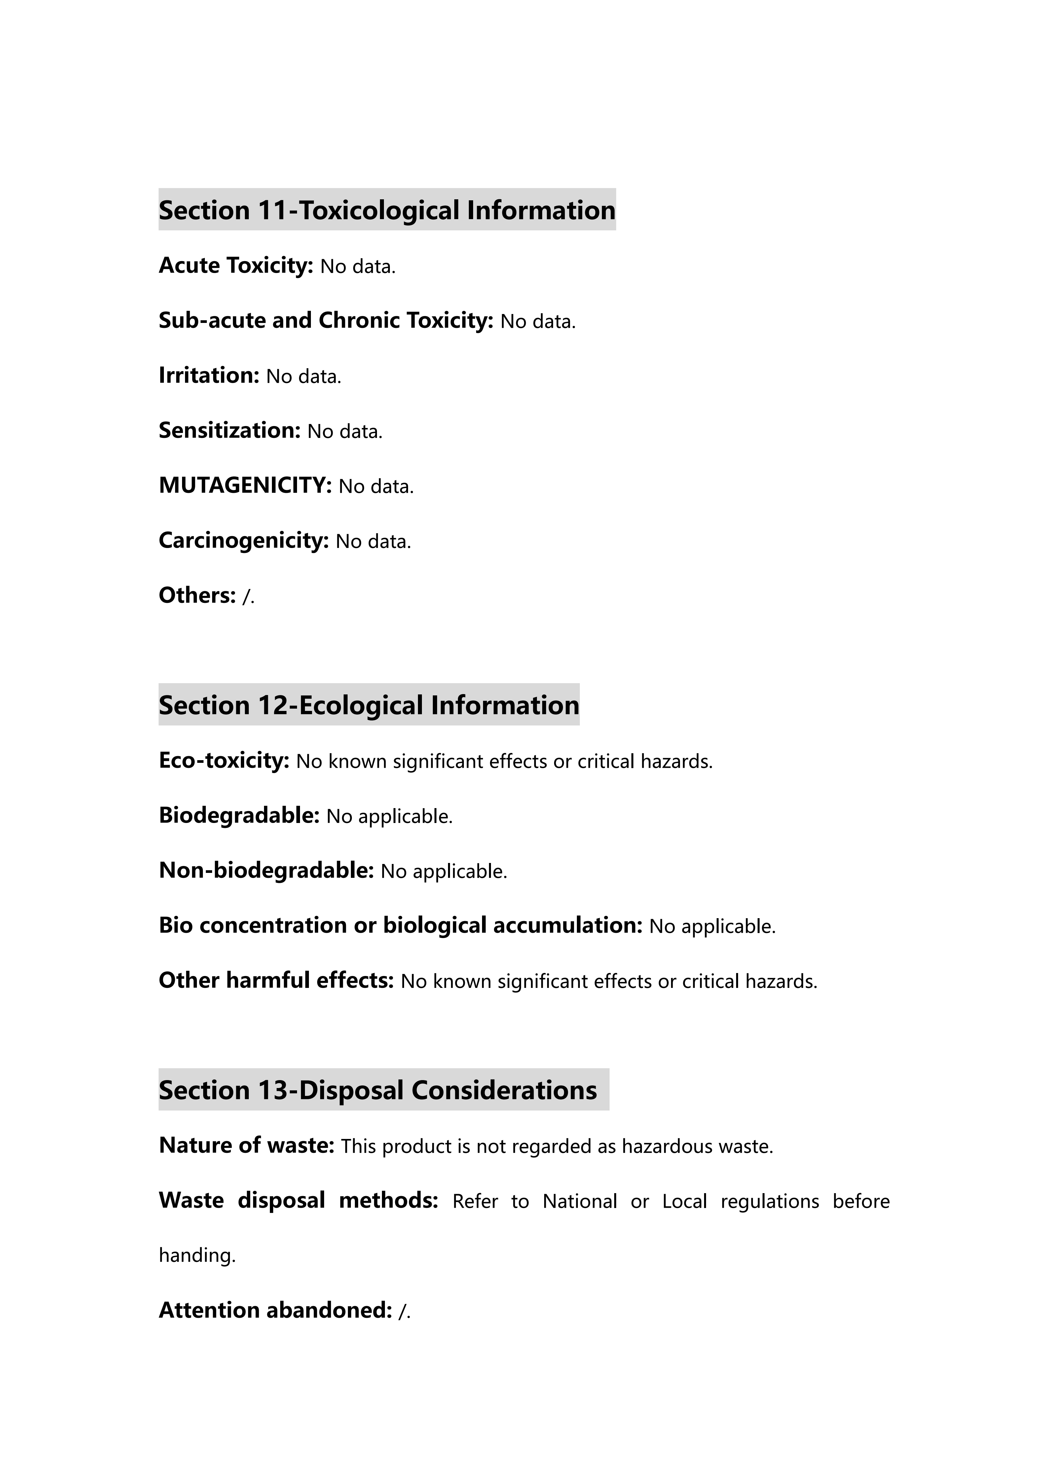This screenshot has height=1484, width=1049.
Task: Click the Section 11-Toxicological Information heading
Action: tap(387, 210)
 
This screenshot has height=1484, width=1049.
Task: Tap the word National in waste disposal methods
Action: tap(580, 1201)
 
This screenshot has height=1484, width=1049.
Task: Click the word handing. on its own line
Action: tap(197, 1255)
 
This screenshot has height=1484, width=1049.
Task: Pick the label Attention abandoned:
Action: tap(275, 1310)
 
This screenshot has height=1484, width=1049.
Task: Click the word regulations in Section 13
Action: tap(769, 1201)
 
